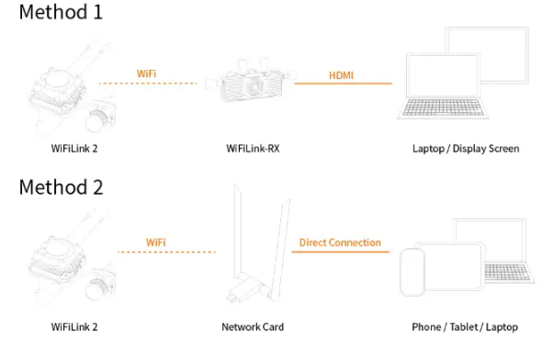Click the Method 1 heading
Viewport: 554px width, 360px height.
pos(61,12)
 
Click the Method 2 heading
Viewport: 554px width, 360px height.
pos(61,187)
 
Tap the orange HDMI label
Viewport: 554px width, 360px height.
pos(341,75)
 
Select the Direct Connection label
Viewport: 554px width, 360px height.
pos(340,242)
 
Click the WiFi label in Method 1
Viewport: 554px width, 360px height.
pos(146,73)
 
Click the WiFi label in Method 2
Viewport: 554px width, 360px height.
pos(156,242)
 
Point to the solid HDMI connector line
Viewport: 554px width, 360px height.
pos(343,84)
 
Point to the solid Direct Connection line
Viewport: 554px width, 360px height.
pos(340,252)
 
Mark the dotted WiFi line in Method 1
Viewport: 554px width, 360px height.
pos(148,84)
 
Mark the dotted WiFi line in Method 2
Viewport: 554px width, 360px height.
pos(166,252)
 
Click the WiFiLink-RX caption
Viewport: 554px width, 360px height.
pos(253,149)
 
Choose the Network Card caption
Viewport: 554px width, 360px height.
pos(253,327)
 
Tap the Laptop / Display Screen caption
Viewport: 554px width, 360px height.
pos(466,149)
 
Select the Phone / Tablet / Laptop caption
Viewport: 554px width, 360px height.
pos(465,327)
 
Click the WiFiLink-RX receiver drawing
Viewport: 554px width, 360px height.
pos(252,80)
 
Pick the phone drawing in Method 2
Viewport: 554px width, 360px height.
pos(413,272)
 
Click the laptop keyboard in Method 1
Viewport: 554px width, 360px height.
pos(443,107)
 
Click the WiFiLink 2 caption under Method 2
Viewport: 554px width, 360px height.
pos(74,327)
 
